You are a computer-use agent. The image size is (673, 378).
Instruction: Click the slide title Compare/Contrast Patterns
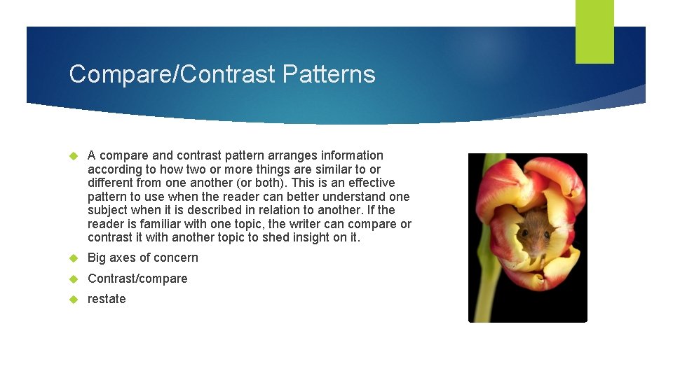tap(222, 74)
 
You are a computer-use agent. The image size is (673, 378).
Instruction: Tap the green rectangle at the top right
tap(594, 31)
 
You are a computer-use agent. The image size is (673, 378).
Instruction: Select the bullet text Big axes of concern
tap(142, 258)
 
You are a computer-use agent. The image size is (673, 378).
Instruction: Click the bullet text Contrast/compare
tap(137, 279)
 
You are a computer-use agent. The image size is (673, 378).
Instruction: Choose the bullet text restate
tap(107, 299)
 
